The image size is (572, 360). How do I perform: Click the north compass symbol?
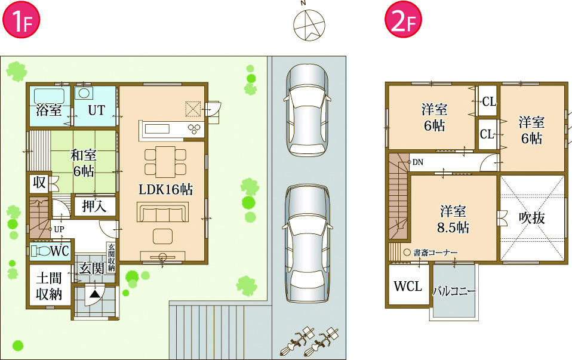(x=310, y=24)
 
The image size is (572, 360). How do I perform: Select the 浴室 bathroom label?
(x=48, y=110)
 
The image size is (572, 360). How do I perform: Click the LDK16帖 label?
(x=165, y=190)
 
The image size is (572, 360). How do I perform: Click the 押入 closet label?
(x=94, y=206)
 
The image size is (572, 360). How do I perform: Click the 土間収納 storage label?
(x=49, y=286)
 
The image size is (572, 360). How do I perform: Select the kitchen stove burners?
(x=195, y=128)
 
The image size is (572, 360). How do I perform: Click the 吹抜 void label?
(x=531, y=218)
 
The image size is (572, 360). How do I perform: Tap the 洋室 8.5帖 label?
(x=454, y=219)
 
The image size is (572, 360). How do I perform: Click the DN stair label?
(x=418, y=162)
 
